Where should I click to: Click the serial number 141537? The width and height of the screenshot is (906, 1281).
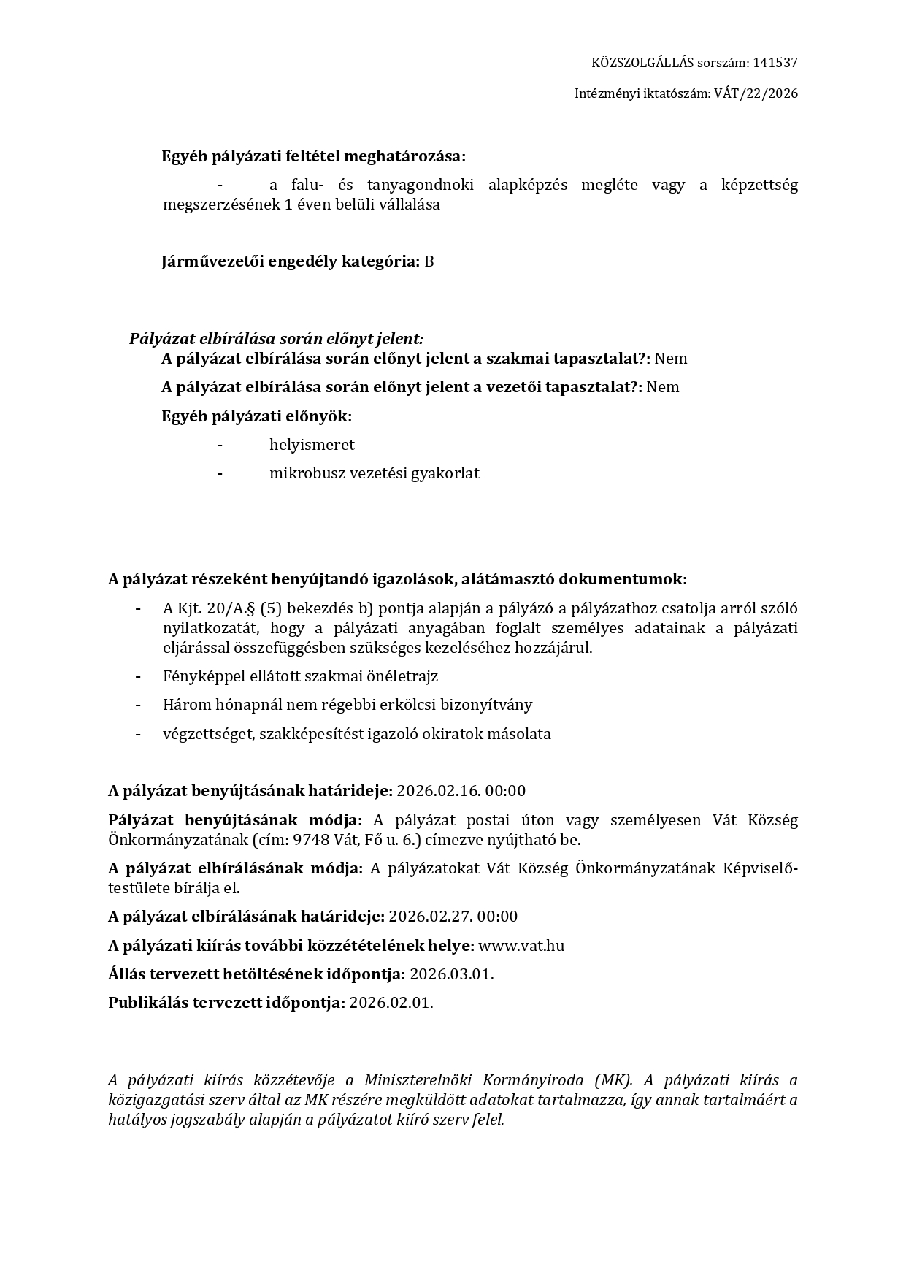click(x=775, y=63)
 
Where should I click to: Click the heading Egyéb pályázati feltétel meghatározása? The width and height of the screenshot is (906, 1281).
click(x=313, y=156)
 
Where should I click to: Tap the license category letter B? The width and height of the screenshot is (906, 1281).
click(x=429, y=261)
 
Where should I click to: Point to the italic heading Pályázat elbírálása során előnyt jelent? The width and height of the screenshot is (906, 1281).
click(x=276, y=339)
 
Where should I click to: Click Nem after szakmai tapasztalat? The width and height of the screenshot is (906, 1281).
click(x=671, y=359)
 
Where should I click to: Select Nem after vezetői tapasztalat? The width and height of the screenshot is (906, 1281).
click(x=663, y=387)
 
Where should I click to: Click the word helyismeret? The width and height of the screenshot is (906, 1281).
click(x=312, y=445)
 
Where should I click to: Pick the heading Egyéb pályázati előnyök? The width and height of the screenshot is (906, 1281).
click(x=256, y=416)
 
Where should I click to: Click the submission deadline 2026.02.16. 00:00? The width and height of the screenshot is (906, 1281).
click(x=461, y=791)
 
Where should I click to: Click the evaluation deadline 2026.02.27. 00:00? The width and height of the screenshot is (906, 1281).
click(x=453, y=917)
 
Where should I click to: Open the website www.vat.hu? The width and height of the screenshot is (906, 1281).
click(x=521, y=946)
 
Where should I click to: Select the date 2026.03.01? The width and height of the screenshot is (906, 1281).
click(x=452, y=974)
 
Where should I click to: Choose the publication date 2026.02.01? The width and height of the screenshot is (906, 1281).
click(x=391, y=1003)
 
